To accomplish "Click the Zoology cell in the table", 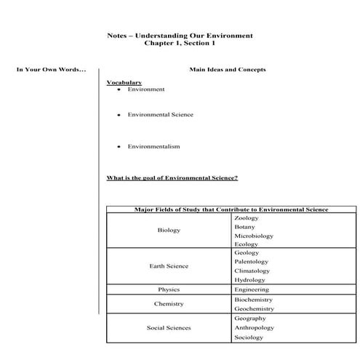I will [x=247, y=218].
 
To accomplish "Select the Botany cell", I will [x=244, y=227].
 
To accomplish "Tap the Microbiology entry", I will [x=254, y=236].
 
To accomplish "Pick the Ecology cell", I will [x=246, y=244].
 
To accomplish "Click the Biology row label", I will [x=169, y=231].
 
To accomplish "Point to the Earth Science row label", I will [x=169, y=266].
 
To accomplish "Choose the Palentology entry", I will [x=252, y=262].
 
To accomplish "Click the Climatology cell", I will [x=252, y=271].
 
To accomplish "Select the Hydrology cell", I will [x=249, y=280].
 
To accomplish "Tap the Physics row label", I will [x=169, y=289].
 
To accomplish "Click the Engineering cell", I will [x=252, y=289].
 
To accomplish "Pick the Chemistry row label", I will [x=169, y=304].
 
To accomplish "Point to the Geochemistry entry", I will [x=254, y=308].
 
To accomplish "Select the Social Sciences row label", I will [x=169, y=328].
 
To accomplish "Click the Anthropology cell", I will [x=254, y=328].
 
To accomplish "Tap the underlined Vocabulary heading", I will [x=124, y=83].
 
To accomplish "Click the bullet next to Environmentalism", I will [x=118, y=147].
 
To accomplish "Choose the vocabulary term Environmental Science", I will [x=160, y=115].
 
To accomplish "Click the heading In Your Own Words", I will [x=51, y=70].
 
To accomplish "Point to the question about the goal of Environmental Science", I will [x=172, y=178].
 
